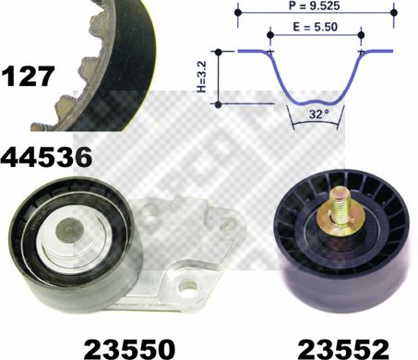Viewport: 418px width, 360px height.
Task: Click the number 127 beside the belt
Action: pos(28,76)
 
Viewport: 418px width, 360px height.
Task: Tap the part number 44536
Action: pos(46,157)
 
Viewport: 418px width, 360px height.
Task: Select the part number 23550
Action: pos(129,350)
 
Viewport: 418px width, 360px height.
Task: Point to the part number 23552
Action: pos(343,350)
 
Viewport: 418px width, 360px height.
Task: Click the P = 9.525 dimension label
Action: pos(315,6)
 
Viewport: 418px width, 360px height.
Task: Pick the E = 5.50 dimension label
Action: pos(315,27)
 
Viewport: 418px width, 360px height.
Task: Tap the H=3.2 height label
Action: pos(201,77)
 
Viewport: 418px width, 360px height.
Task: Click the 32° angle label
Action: pos(319,114)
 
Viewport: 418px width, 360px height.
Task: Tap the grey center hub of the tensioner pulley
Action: pos(70,230)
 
